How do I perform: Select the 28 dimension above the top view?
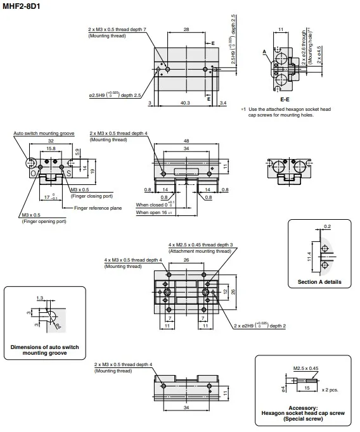[x=186, y=29]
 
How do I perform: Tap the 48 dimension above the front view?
[x=185, y=141]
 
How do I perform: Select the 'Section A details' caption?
[x=319, y=281]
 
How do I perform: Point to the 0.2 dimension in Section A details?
[x=327, y=226]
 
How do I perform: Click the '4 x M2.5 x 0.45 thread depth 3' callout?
[x=201, y=245]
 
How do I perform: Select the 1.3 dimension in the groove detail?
[x=40, y=297]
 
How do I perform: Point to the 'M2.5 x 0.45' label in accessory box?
[x=305, y=367]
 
